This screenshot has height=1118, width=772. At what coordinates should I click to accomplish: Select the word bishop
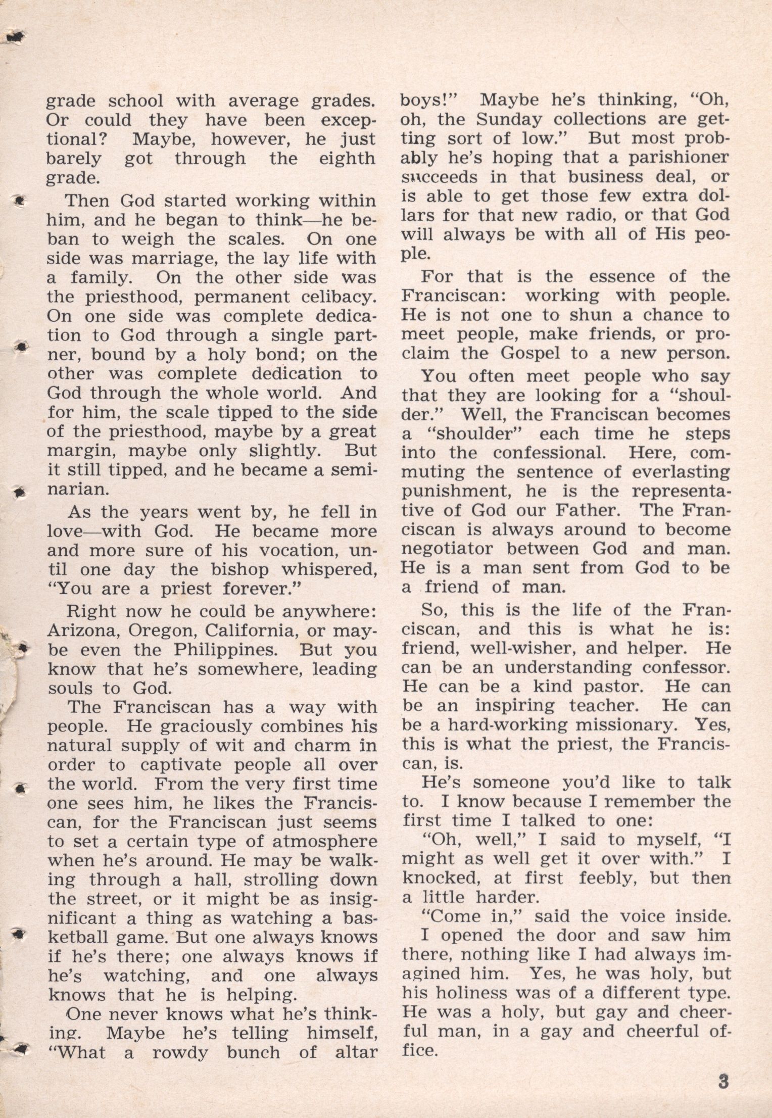(x=233, y=570)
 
